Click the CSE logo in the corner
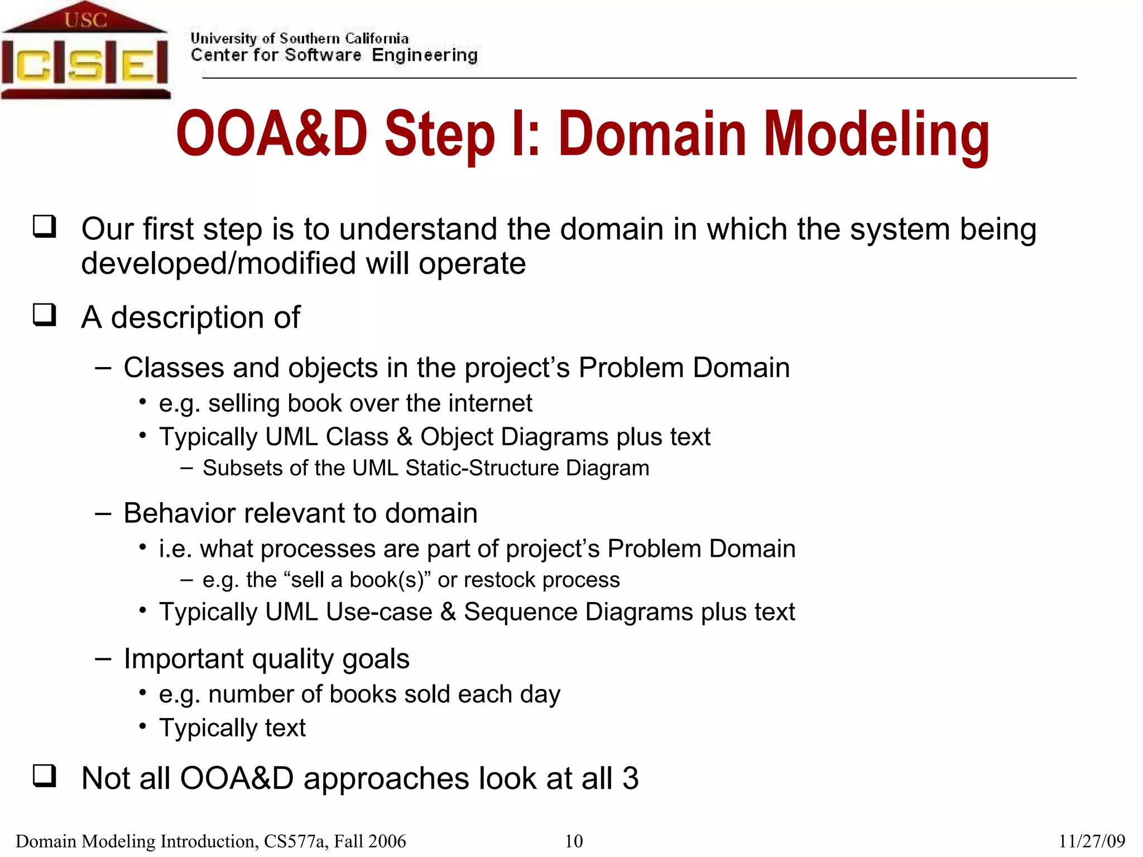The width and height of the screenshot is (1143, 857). (x=85, y=53)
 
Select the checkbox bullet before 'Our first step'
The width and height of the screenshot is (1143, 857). (x=45, y=227)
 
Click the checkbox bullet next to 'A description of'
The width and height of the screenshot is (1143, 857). (x=45, y=315)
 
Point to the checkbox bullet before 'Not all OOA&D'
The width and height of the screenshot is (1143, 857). (x=45, y=776)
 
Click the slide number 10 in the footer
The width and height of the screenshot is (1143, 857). (x=573, y=841)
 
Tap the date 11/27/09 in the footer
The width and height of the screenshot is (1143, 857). (x=1092, y=841)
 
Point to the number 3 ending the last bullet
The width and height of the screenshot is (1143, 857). (x=630, y=778)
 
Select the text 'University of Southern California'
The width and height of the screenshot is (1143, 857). (x=299, y=38)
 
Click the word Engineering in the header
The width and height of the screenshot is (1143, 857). (x=424, y=55)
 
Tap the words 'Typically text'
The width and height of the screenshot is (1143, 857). (x=232, y=728)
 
